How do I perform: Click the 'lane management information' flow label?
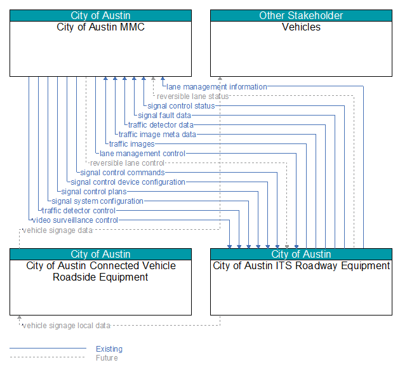pyautogui.click(x=217, y=87)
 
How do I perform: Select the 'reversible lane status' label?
pyautogui.click(x=192, y=96)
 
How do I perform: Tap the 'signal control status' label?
pyautogui.click(x=181, y=106)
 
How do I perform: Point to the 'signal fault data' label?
pyautogui.click(x=164, y=116)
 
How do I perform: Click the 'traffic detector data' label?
pyautogui.click(x=161, y=125)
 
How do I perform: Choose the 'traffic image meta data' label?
pyautogui.click(x=157, y=135)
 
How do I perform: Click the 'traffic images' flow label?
pyautogui.click(x=132, y=144)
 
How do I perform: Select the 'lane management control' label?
pyautogui.click(x=142, y=154)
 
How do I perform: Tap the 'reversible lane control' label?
pyautogui.click(x=127, y=163)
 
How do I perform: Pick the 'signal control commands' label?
pyautogui.click(x=123, y=173)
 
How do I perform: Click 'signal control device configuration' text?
pyautogui.click(x=128, y=182)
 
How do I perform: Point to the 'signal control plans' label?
pyautogui.click(x=94, y=192)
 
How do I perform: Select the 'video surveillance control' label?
pyautogui.click(x=75, y=220)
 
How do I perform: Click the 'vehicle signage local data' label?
pyautogui.click(x=66, y=326)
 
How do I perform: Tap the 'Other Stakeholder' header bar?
pyautogui.click(x=301, y=16)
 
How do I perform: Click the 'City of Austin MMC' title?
pyautogui.click(x=100, y=27)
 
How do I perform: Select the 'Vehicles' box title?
pyautogui.click(x=301, y=27)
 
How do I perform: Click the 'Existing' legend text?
pyautogui.click(x=109, y=349)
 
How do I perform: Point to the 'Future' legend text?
pyautogui.click(x=107, y=357)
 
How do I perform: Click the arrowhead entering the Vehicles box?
pyautogui.click(x=220, y=78)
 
